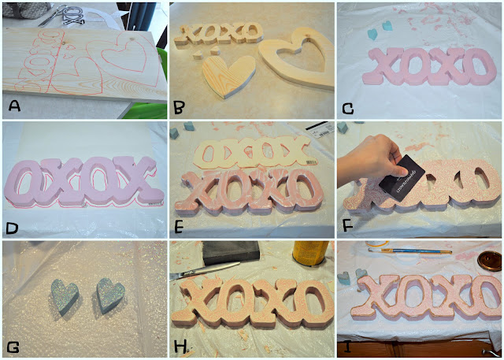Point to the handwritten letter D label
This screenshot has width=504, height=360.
[x=13, y=225]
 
